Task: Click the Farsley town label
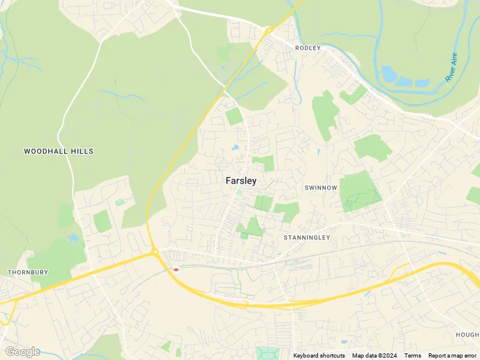pos(241,180)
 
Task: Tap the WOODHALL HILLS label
pos(59,151)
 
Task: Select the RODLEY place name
pos(308,47)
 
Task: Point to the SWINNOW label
pos(321,188)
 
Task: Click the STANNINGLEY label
pos(307,238)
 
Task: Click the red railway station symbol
pos(176,269)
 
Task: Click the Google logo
pos(22,352)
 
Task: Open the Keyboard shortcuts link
pos(319,356)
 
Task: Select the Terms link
pos(413,356)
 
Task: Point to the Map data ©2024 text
pos(375,356)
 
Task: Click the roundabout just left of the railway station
pos(155,253)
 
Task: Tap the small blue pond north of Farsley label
pos(236,148)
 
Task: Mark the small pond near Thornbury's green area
pos(73,238)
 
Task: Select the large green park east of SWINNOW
pos(360,190)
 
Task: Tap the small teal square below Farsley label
pos(239,192)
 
